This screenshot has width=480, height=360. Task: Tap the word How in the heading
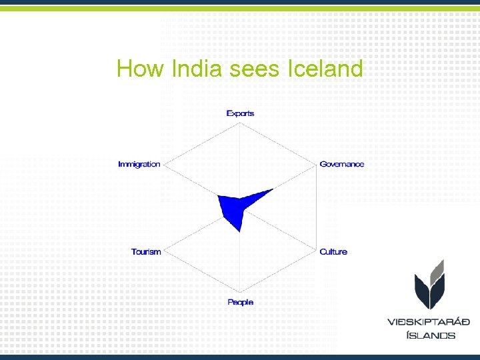tap(141, 69)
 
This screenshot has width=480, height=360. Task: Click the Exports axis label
tap(240, 113)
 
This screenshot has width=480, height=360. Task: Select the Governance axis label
tap(342, 164)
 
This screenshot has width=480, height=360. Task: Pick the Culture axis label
tap(333, 251)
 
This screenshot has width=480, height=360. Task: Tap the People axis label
tap(240, 302)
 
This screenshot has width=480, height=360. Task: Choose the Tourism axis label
tap(146, 251)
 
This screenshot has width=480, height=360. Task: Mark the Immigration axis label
tap(139, 164)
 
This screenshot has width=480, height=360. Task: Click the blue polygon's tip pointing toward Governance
tap(273, 189)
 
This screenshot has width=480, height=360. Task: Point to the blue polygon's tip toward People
tap(240, 231)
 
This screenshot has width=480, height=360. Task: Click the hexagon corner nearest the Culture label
tap(316, 251)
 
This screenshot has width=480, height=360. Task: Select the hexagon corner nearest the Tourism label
tap(164, 251)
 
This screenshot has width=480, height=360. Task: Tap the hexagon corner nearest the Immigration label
tap(164, 164)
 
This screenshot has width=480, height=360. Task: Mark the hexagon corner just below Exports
tap(240, 121)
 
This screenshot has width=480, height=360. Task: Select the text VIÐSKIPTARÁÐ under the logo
tap(429, 322)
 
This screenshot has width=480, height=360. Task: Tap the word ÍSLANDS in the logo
tap(431, 335)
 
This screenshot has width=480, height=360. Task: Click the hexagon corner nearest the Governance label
tap(316, 164)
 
